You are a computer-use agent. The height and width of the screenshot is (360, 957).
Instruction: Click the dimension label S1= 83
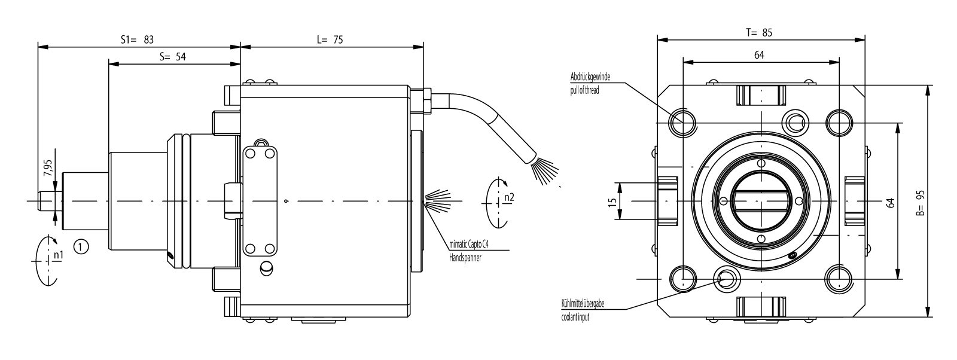(x=138, y=39)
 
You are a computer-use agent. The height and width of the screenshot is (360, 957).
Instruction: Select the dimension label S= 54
(x=173, y=57)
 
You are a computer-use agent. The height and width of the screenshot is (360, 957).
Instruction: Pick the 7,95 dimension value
(x=47, y=169)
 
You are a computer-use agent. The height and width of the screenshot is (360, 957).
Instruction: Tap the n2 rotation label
(x=509, y=197)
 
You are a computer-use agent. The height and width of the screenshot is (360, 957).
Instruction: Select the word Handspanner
(x=465, y=258)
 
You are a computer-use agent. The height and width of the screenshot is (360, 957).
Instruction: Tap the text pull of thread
(x=584, y=91)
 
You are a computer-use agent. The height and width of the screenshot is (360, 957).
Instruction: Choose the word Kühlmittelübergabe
(x=583, y=304)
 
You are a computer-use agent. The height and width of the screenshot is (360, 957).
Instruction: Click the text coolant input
(x=575, y=318)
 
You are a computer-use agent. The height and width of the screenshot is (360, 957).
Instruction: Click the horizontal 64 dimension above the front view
(x=759, y=55)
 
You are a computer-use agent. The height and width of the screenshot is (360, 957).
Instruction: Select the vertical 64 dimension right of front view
(x=890, y=202)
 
